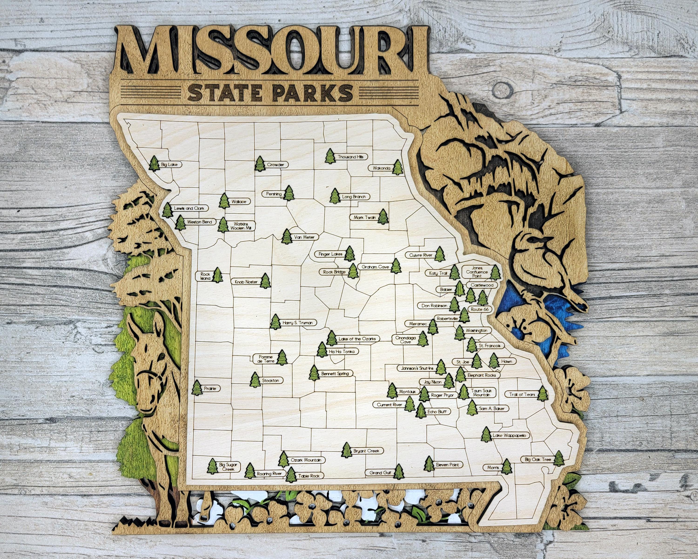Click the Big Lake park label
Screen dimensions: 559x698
pos(169,165)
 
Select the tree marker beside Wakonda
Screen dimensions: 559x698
pos(398,167)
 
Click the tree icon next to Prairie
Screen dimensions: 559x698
pos(197,388)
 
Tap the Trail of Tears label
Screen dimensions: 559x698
pos(522,394)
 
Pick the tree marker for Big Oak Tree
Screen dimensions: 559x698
pos(558,459)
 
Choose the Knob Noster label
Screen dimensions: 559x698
pos(246,282)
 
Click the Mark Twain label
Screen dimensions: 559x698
pos(365,218)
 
